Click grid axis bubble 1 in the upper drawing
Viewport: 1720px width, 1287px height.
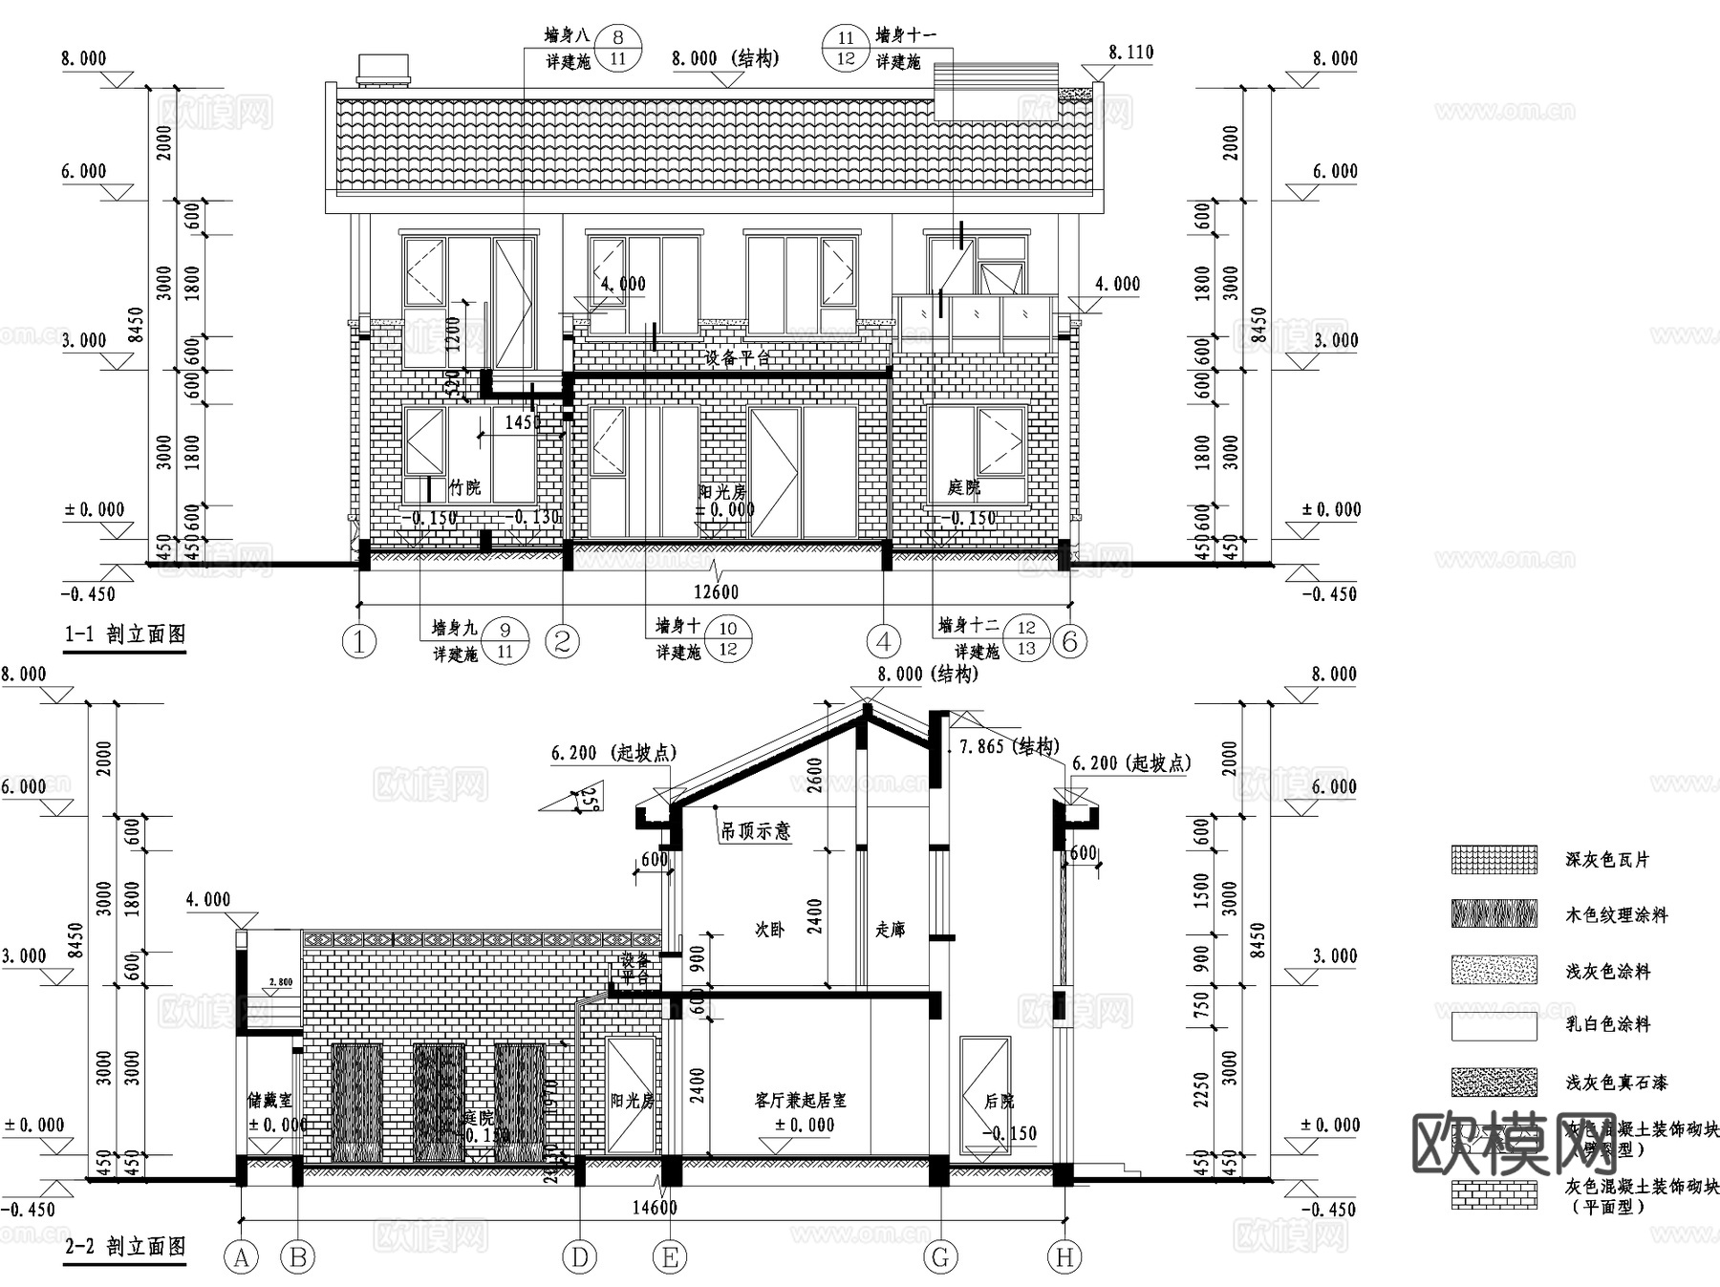359,642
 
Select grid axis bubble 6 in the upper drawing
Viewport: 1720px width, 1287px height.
1070,642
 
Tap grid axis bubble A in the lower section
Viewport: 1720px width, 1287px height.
241,1258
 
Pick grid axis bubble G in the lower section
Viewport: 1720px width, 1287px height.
941,1258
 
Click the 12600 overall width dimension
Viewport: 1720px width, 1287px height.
716,592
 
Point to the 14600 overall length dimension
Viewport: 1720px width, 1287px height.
655,1208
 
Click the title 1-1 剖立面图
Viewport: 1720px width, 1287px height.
125,634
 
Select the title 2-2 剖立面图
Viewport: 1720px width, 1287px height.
125,1247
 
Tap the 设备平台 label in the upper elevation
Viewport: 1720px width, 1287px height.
738,358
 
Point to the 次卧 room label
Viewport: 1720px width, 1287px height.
769,930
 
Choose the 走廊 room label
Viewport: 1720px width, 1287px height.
890,929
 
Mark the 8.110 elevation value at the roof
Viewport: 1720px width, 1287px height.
1131,53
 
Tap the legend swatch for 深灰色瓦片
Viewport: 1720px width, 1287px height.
1494,860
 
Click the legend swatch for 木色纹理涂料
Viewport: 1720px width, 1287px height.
1494,914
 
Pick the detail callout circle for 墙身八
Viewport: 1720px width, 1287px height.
618,49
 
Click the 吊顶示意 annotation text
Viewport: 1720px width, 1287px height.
755,831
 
